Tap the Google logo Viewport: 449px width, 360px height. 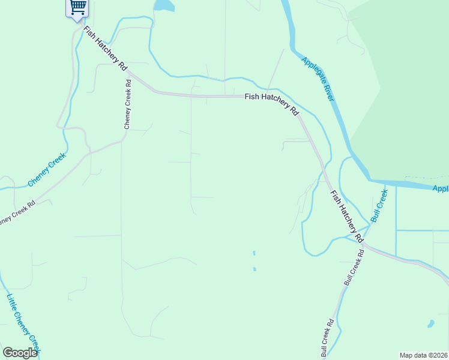(x=20, y=352)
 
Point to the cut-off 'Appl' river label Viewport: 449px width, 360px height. (x=440, y=188)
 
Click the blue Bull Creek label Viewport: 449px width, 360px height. (x=379, y=206)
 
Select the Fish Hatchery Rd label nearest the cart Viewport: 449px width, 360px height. (x=106, y=47)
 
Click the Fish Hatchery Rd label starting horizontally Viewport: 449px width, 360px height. (x=272, y=103)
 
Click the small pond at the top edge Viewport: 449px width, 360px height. (x=163, y=5)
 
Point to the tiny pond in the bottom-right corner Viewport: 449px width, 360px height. (x=430, y=324)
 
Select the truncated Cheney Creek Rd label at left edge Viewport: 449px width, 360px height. (x=16, y=212)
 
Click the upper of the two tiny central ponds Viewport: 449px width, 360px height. (x=254, y=253)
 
